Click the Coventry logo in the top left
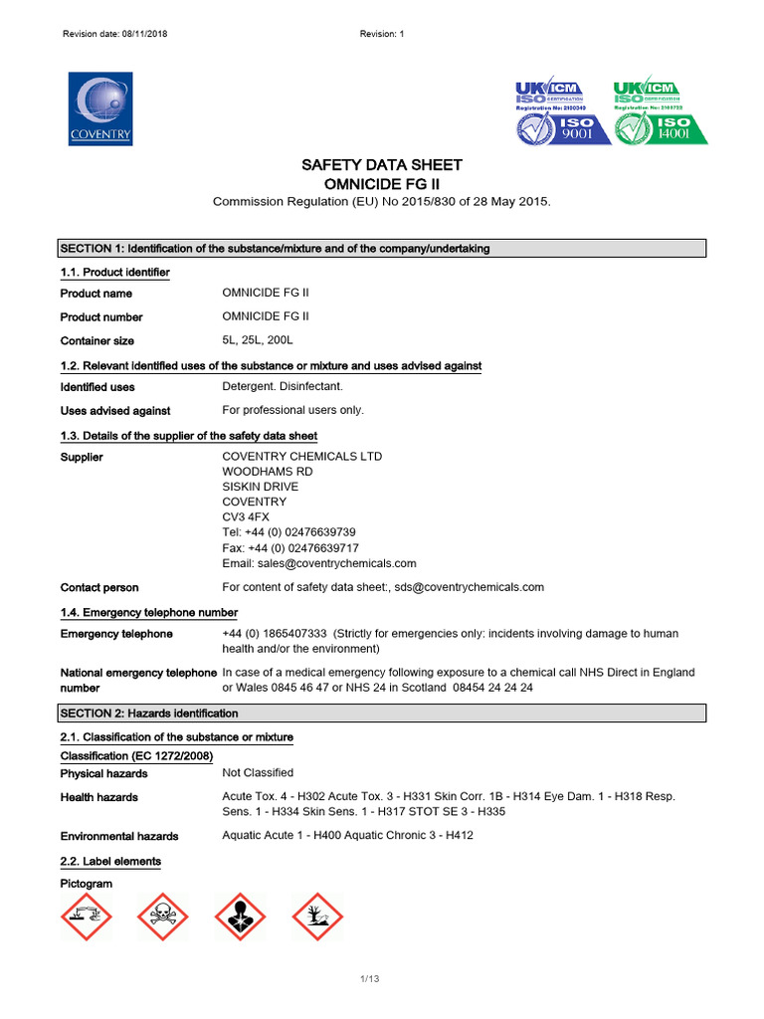pyautogui.click(x=99, y=108)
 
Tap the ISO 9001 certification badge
pyautogui.click(x=562, y=111)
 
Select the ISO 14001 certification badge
pyautogui.click(x=661, y=111)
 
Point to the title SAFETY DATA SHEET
pyautogui.click(x=382, y=165)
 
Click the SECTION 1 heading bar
pyautogui.click(x=381, y=249)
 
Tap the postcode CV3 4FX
pyautogui.click(x=246, y=517)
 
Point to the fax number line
pyautogui.click(x=290, y=548)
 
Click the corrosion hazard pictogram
pyautogui.click(x=87, y=917)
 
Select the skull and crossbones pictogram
pyautogui.click(x=163, y=917)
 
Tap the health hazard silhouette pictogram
pyautogui.click(x=240, y=917)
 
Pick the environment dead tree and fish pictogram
pyautogui.click(x=316, y=917)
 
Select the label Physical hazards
pyautogui.click(x=104, y=774)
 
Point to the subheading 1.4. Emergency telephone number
pyautogui.click(x=149, y=612)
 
